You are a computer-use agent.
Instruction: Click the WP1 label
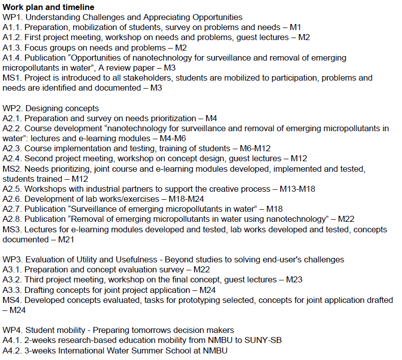pos(12,18)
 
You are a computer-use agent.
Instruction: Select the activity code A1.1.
pos(12,28)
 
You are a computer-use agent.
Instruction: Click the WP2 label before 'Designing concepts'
pos(12,108)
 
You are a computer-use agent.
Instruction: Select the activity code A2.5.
pos(12,189)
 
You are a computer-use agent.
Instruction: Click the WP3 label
pos(12,259)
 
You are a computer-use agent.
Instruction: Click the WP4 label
pos(12,330)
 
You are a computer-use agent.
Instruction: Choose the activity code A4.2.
pos(12,350)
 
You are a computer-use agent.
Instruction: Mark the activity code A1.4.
pos(12,58)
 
